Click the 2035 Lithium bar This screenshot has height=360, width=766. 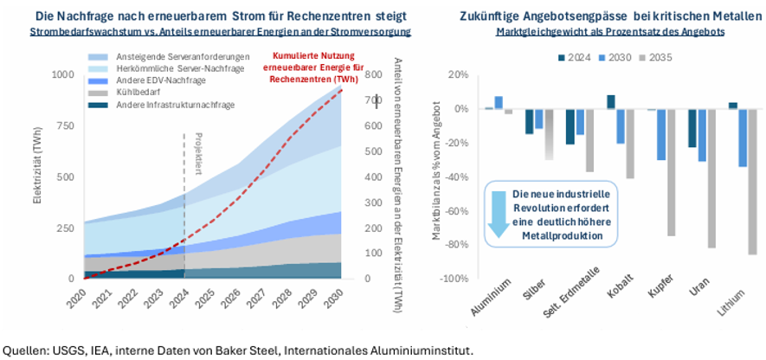click(x=752, y=182)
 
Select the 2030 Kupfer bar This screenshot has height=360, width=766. click(x=661, y=135)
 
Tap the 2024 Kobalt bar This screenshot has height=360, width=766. click(x=611, y=102)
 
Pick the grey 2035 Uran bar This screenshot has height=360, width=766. click(x=711, y=178)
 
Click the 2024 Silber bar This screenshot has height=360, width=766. click(x=530, y=122)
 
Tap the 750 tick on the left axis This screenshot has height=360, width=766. click(x=66, y=126)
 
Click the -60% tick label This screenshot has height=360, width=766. click(x=459, y=211)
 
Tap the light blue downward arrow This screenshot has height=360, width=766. click(x=499, y=214)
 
